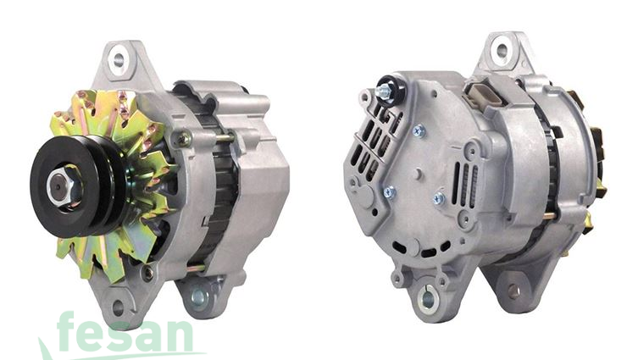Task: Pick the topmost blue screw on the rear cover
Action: [x=419, y=130]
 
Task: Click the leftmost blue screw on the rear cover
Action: [x=389, y=192]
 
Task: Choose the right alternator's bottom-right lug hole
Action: [x=513, y=291]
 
